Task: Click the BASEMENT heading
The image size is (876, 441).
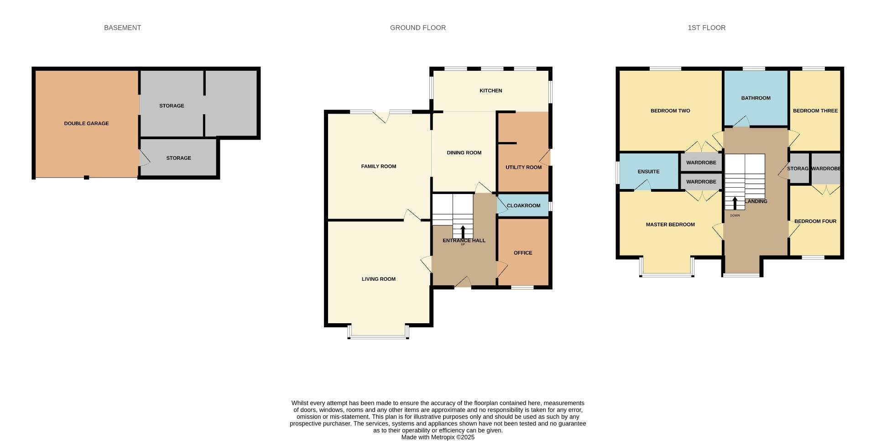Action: click(x=122, y=28)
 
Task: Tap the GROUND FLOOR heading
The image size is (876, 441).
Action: click(x=417, y=28)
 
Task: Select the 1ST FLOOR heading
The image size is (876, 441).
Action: click(x=706, y=28)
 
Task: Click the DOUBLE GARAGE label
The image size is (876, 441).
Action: click(x=86, y=124)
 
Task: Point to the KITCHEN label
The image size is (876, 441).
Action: click(x=490, y=91)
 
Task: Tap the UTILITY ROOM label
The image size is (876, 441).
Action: click(x=523, y=168)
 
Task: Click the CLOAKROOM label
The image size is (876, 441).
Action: click(x=523, y=206)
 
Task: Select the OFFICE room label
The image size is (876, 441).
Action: click(x=523, y=253)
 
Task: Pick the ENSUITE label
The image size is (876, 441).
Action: click(x=648, y=172)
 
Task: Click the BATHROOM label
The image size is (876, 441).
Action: click(x=756, y=98)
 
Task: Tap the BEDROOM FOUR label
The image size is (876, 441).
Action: click(x=815, y=221)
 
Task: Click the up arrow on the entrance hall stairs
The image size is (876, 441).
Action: click(x=463, y=231)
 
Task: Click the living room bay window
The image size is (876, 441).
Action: click(x=378, y=337)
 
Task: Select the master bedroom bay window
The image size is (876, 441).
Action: click(x=667, y=275)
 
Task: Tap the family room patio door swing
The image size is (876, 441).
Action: click(x=381, y=117)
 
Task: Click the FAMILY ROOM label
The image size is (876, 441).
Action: click(x=378, y=167)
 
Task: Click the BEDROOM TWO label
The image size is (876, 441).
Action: click(x=670, y=111)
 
